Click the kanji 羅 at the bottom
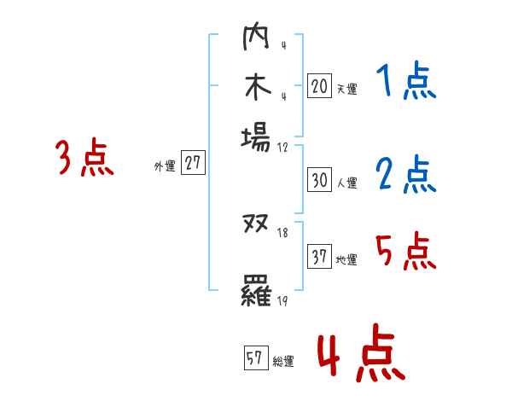(x=256, y=293)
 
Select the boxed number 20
(x=319, y=85)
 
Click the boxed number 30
(x=319, y=180)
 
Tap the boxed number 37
(x=319, y=257)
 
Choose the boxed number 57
(x=254, y=358)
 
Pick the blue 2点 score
(x=405, y=175)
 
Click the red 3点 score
(x=84, y=158)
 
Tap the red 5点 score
(x=405, y=252)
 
